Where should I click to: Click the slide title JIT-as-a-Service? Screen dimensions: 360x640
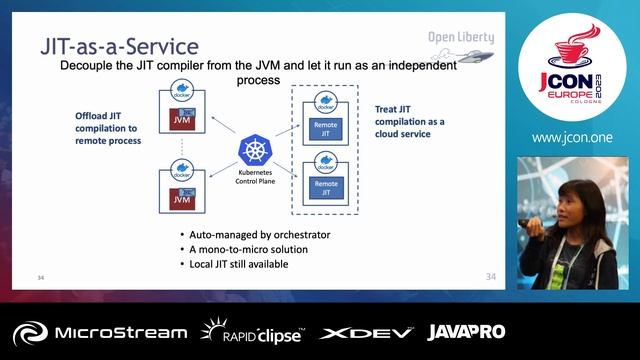[x=118, y=46]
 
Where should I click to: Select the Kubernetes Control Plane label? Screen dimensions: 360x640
[x=255, y=178]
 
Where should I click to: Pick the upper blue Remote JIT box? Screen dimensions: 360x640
[x=326, y=128]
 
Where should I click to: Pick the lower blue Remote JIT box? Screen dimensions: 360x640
[x=326, y=186]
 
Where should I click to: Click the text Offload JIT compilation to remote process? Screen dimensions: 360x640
[x=108, y=128]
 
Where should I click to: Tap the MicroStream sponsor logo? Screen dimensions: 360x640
[x=100, y=332]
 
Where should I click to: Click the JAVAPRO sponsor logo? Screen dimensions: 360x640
[x=466, y=331]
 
